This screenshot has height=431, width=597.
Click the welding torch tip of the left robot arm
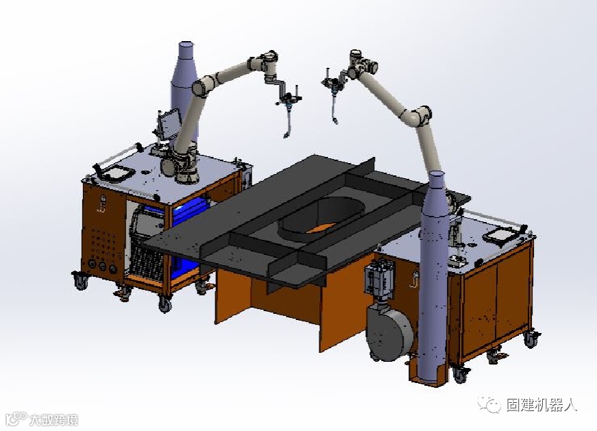click(x=286, y=135)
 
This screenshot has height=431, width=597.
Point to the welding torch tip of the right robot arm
click(x=336, y=122)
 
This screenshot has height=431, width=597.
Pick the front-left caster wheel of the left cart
click(x=81, y=282)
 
